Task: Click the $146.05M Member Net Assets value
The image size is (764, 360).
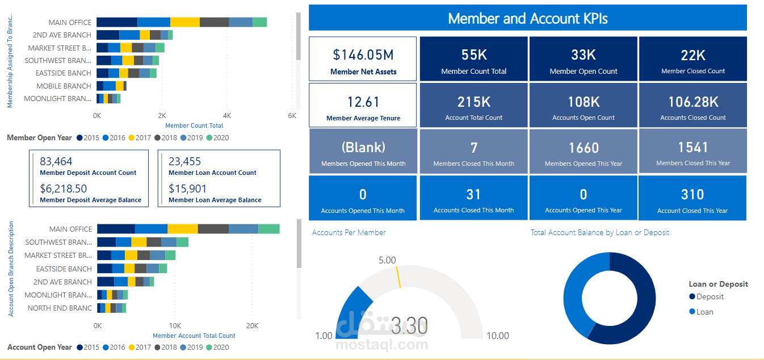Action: coord(363,55)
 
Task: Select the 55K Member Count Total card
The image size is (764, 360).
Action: coord(473,59)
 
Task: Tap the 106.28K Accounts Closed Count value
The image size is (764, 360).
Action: coord(692,102)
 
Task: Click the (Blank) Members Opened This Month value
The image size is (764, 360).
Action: coord(363,147)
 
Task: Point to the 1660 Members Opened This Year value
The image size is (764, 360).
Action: coord(584,148)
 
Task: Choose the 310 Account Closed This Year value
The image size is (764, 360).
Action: coord(692,195)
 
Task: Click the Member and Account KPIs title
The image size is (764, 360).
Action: coord(527,18)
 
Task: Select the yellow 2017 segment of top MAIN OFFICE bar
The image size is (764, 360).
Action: coord(185,22)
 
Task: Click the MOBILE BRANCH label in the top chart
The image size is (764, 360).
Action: coord(64,86)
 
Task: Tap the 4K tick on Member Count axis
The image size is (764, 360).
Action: coord(227,115)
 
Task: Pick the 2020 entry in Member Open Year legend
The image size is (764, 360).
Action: coord(217,137)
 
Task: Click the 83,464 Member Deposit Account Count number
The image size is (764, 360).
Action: coord(56,162)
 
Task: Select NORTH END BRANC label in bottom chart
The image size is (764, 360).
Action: coord(60,308)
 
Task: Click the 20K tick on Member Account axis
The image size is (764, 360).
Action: coord(252,326)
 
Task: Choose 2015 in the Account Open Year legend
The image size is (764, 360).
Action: coord(88,347)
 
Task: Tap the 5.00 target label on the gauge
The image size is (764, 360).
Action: coord(387,260)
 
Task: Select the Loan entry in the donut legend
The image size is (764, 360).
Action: coord(704,312)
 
